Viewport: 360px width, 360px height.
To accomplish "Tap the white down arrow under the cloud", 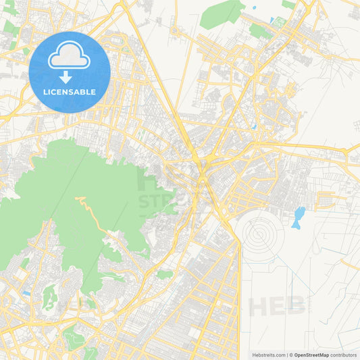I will (65, 78).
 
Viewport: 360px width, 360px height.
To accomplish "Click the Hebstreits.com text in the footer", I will (268, 355).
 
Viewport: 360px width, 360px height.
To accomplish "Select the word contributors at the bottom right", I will (343, 355).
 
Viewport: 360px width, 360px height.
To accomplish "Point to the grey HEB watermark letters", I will (277, 306).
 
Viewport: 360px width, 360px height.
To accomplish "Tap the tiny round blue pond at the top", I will (254, 9).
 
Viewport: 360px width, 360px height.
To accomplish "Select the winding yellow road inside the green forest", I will (95, 216).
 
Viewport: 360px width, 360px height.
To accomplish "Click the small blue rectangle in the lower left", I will (26, 293).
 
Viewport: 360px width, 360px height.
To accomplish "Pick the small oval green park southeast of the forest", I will (165, 274).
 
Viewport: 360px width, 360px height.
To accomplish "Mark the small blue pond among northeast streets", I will (253, 126).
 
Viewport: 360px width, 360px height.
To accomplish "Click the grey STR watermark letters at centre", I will (157, 201).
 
